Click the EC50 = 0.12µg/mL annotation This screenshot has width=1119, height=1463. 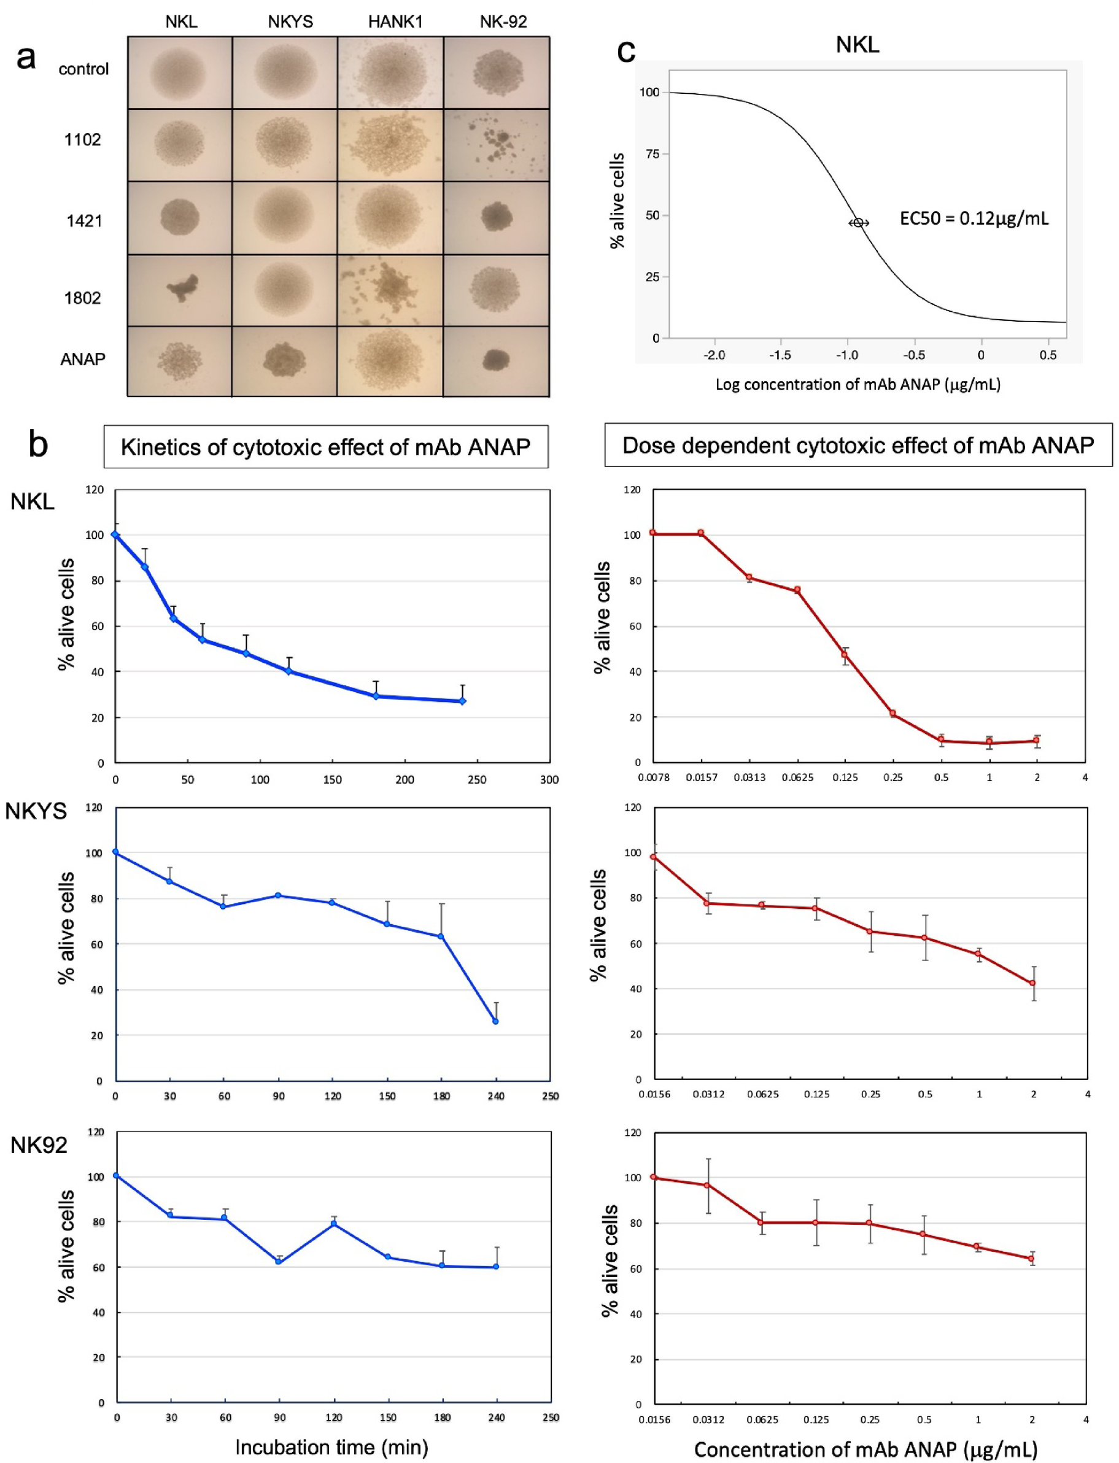pos(973,218)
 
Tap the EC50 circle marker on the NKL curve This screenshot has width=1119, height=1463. pos(858,222)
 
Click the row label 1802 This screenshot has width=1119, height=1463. pos(83,298)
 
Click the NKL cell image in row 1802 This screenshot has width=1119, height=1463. pos(180,290)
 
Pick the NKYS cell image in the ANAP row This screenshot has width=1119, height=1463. pos(284,361)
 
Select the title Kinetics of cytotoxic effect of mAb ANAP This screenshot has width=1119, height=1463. pos(326,447)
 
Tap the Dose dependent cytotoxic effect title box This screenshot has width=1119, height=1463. pos(858,445)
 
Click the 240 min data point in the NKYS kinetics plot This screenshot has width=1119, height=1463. pos(495,1021)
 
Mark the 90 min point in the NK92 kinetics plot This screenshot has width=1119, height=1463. pos(279,1261)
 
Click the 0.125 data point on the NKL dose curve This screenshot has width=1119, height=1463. pos(845,655)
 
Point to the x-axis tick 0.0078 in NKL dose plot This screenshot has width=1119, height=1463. pos(654,777)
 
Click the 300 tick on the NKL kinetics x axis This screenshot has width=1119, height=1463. pos(549,779)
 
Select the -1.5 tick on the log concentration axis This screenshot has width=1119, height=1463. pos(780,355)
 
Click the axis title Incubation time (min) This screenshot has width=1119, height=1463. pos(331,1447)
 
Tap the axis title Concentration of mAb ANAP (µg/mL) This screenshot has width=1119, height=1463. pos(866,1449)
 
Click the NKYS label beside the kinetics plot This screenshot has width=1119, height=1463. pos(36,811)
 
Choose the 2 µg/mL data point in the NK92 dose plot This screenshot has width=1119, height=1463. pos(1031,1259)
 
